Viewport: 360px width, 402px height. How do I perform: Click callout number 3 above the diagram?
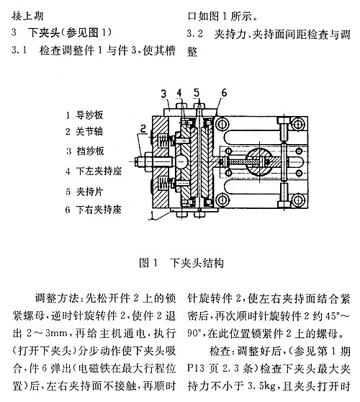pyautogui.click(x=163, y=94)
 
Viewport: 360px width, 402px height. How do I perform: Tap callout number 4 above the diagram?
pyautogui.click(x=179, y=93)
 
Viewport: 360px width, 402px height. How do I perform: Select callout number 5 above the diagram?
pyautogui.click(x=197, y=92)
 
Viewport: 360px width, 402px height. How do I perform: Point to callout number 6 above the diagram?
pyautogui.click(x=224, y=92)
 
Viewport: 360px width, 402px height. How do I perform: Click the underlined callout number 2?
pyautogui.click(x=143, y=128)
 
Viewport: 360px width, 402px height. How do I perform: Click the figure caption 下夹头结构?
pyautogui.click(x=197, y=263)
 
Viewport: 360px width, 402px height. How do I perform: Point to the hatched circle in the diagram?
pyautogui.click(x=258, y=162)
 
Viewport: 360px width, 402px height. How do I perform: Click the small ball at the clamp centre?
pyautogui.click(x=181, y=162)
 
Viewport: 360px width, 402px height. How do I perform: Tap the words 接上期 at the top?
pyautogui.click(x=27, y=17)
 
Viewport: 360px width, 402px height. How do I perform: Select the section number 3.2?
pyautogui.click(x=194, y=33)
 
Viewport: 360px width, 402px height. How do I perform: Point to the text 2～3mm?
pyautogui.click(x=47, y=334)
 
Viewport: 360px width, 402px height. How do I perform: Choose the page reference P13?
pyautogui.click(x=196, y=368)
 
